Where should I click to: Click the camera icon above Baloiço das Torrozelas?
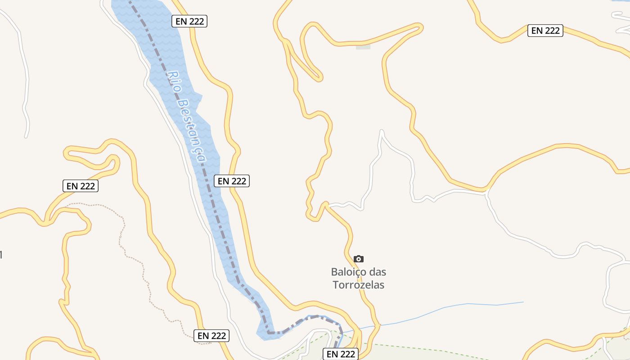358,259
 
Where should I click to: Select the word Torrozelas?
358,285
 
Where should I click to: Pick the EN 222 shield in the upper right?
545,31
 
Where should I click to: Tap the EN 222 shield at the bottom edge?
341,354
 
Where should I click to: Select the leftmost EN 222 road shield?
81,186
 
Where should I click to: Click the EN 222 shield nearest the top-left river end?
189,21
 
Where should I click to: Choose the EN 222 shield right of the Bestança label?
232,181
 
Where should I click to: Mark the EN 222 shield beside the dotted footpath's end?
211,336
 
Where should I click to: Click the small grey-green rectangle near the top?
363,46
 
